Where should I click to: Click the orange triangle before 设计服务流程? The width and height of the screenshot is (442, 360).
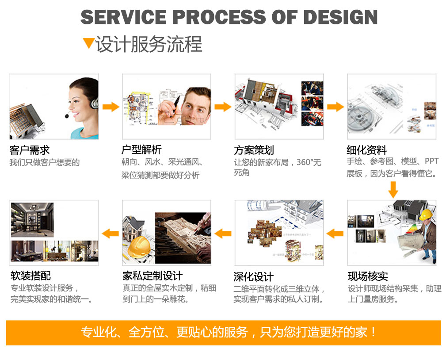[x=88, y=43]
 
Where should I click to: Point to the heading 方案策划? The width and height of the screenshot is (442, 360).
[x=254, y=150]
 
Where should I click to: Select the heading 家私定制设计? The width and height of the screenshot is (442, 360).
[x=152, y=276]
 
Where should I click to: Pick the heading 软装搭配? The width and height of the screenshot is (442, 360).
[x=30, y=276]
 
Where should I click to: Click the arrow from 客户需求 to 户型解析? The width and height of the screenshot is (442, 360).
[x=110, y=107]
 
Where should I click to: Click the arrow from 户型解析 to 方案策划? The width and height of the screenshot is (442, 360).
[x=223, y=107]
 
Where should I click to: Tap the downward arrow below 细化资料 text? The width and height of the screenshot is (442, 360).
[x=393, y=190]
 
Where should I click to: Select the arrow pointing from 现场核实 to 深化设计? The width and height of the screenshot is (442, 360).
[x=335, y=233]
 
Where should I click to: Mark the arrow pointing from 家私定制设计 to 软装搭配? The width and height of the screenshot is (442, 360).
[x=110, y=233]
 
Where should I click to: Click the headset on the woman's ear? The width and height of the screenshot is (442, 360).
[x=94, y=103]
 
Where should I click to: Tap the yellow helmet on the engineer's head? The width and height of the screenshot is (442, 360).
[x=425, y=214]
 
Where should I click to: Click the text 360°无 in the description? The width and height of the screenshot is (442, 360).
[x=309, y=162]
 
